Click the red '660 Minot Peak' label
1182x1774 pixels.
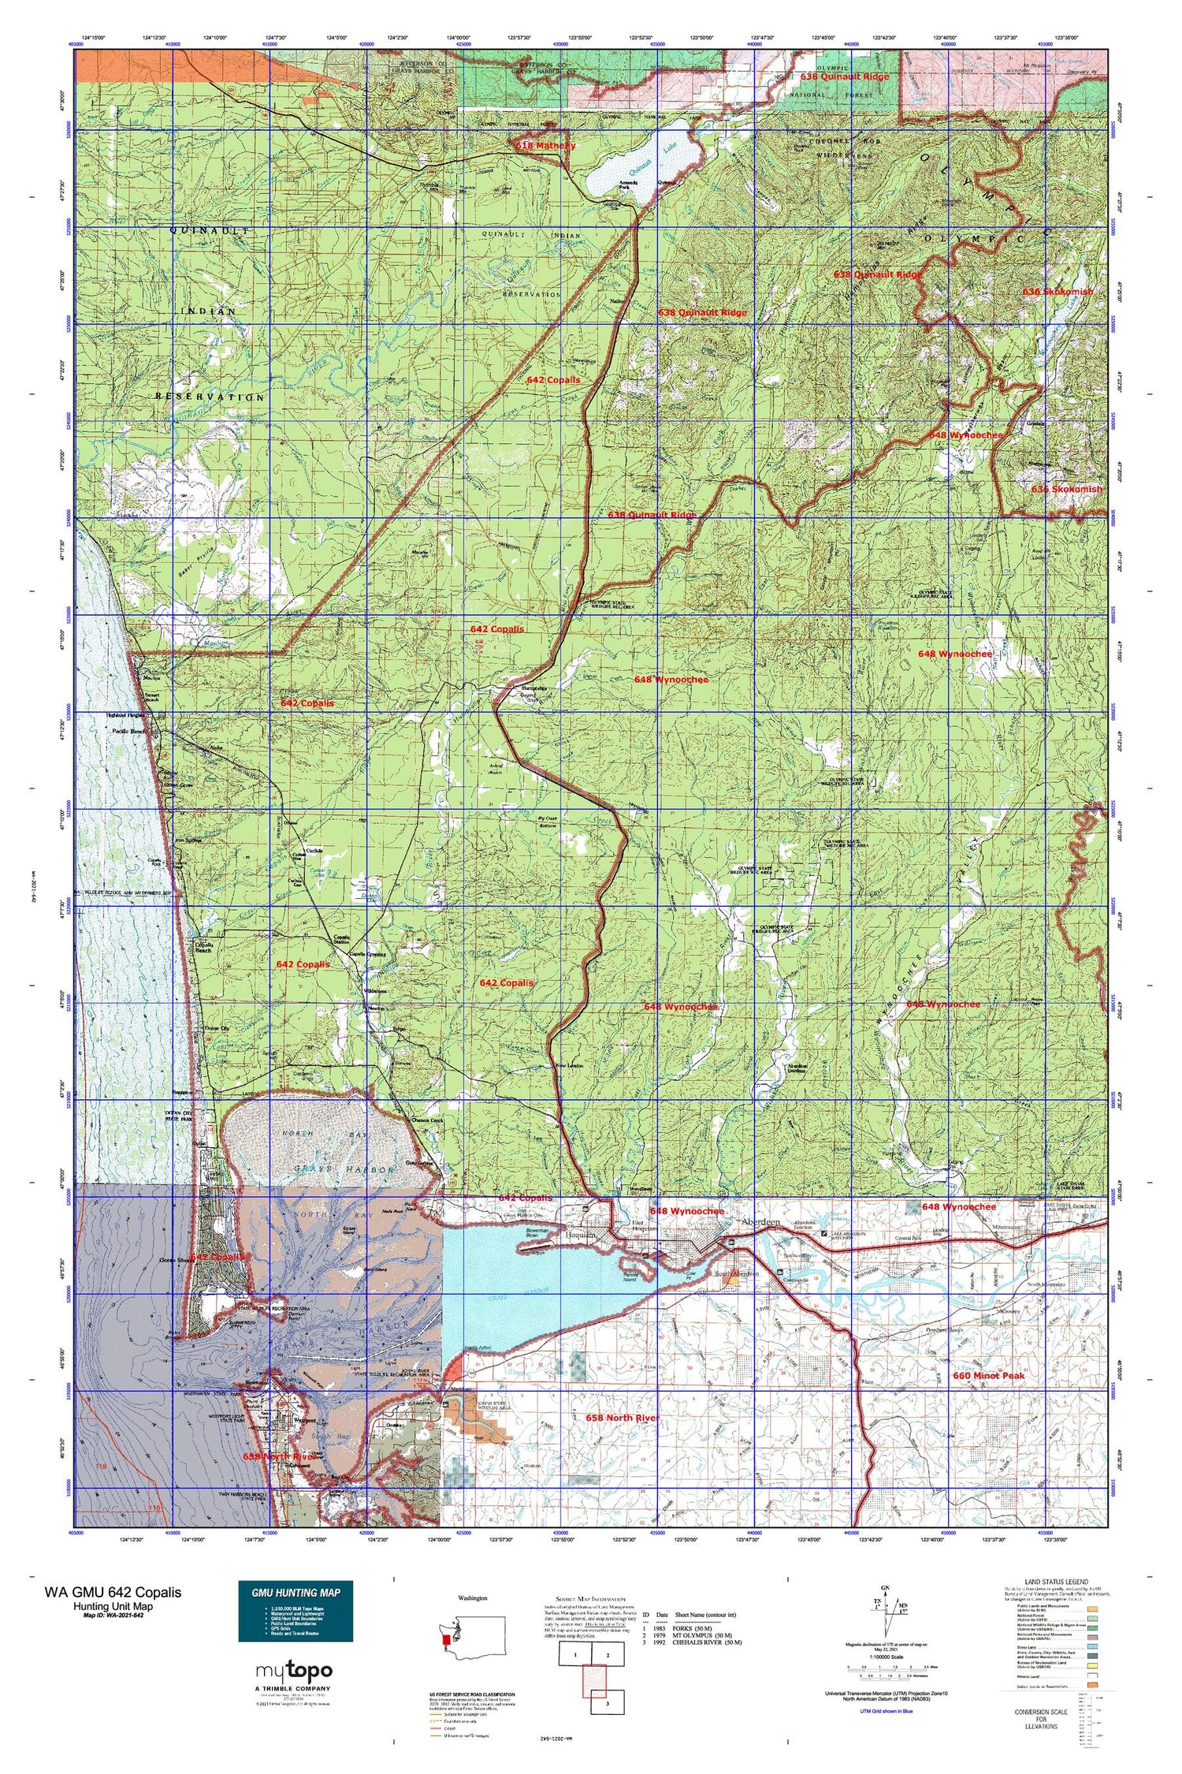pyautogui.click(x=988, y=1376)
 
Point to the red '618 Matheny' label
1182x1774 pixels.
pyautogui.click(x=546, y=146)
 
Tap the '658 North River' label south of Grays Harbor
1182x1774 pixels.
pyautogui.click(x=623, y=1418)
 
